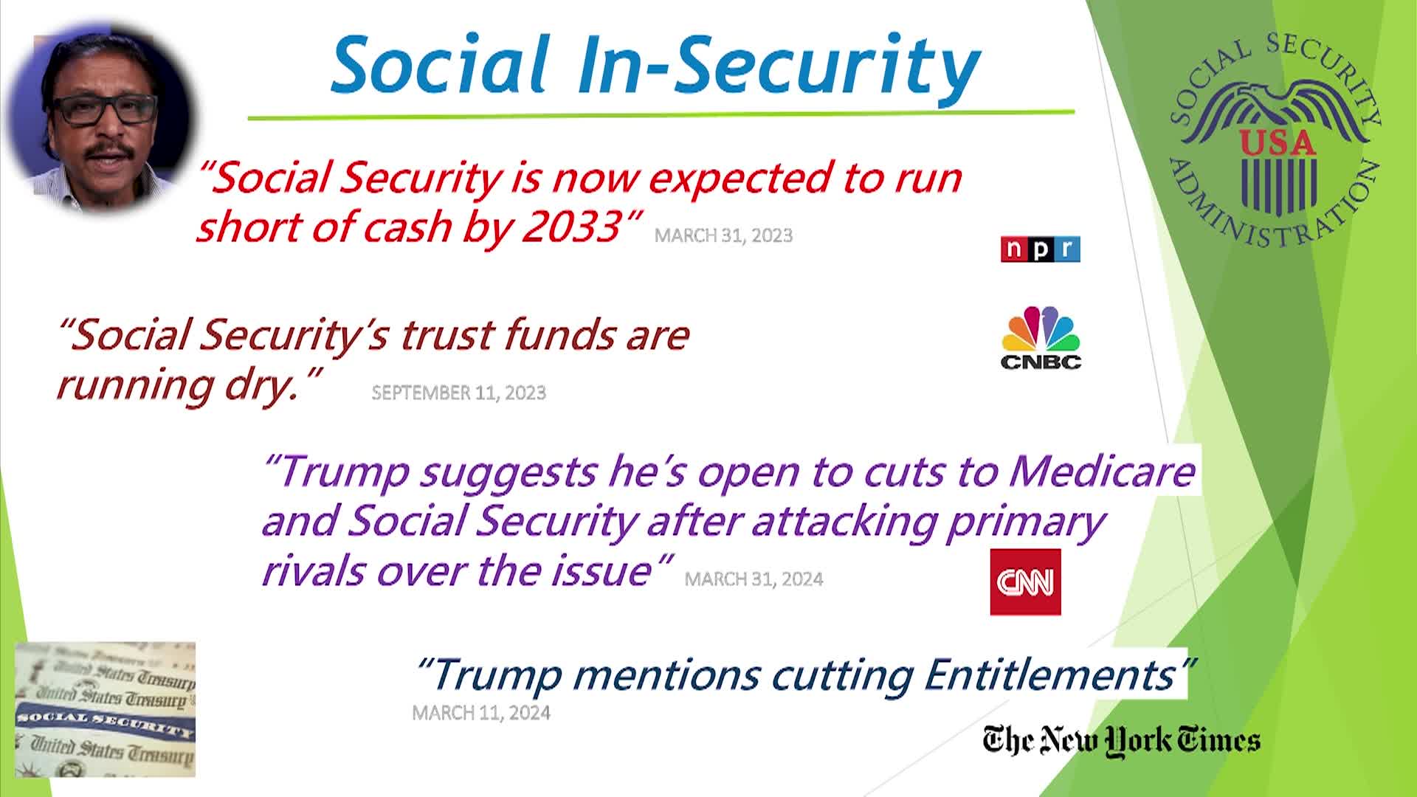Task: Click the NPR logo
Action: tap(1040, 249)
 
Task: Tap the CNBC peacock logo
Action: tap(1041, 337)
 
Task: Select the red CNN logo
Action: tap(1025, 582)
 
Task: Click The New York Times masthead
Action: tap(1121, 740)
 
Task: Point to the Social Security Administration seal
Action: tap(1275, 139)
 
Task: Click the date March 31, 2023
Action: tap(723, 235)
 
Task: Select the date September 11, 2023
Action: tap(458, 393)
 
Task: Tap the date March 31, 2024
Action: tap(754, 579)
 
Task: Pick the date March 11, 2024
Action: tap(481, 713)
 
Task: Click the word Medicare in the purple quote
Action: tap(1101, 471)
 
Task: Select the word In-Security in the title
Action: tap(780, 65)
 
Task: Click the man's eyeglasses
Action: tap(104, 109)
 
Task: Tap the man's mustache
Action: tap(108, 152)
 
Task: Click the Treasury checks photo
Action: tap(106, 709)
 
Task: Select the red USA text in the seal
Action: tap(1278, 142)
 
